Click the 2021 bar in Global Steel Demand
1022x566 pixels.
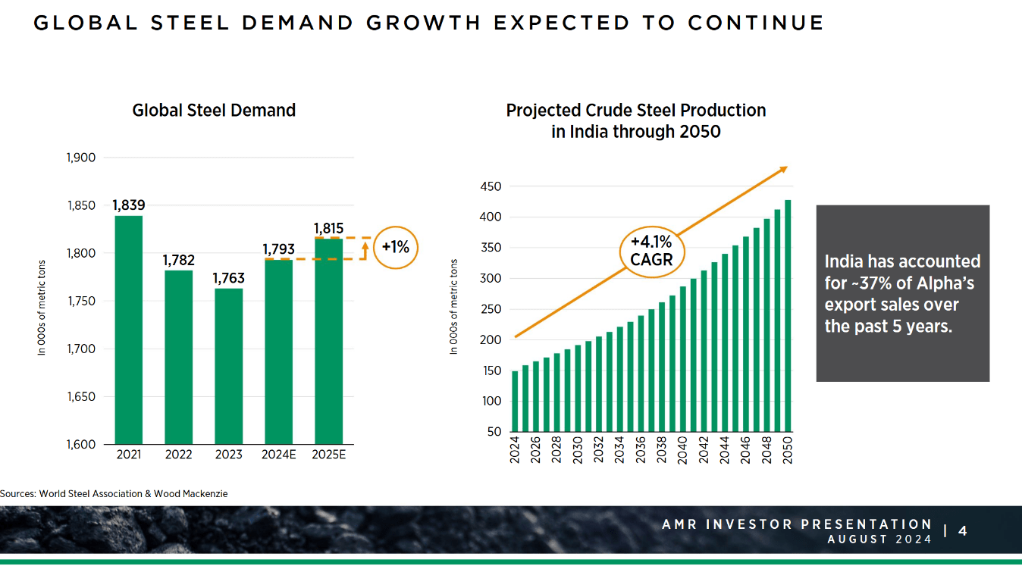[x=128, y=330]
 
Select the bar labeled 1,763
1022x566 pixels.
[x=228, y=366]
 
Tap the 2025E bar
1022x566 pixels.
[x=328, y=341]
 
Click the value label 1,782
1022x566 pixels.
[x=178, y=260]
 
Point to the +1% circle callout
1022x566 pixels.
[x=396, y=247]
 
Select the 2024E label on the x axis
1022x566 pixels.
[x=278, y=455]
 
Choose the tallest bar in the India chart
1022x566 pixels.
[x=788, y=315]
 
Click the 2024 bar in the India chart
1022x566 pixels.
[x=515, y=401]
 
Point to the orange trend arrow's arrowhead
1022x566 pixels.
[x=783, y=170]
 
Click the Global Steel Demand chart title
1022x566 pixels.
[x=214, y=111]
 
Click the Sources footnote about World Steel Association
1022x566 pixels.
[x=114, y=494]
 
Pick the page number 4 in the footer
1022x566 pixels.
[x=963, y=531]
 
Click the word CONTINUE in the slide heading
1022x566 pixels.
[x=756, y=23]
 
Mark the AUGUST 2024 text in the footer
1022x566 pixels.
[x=879, y=539]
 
